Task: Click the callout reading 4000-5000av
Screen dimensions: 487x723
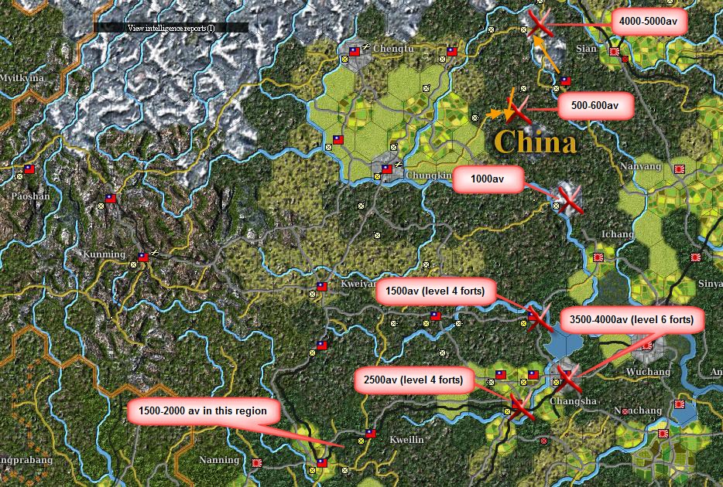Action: click(x=649, y=22)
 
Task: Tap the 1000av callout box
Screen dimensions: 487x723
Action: click(x=488, y=179)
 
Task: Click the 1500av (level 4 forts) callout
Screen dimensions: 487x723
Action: click(x=434, y=293)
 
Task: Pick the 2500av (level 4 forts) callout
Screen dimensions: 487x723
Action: click(x=413, y=380)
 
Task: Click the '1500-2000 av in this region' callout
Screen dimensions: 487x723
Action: click(x=203, y=411)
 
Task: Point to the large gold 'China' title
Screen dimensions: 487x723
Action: click(x=535, y=143)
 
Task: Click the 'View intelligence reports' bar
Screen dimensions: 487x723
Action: click(x=171, y=28)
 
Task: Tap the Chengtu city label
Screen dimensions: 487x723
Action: click(x=389, y=48)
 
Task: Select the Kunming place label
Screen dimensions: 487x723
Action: click(x=104, y=254)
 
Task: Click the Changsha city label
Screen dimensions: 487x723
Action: click(x=573, y=400)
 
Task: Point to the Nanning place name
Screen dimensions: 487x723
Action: click(x=219, y=460)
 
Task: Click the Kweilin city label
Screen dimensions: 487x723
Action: click(x=406, y=439)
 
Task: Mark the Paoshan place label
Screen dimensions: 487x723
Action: click(x=30, y=196)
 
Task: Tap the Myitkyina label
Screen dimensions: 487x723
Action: click(x=22, y=78)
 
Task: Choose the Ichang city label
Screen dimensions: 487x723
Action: click(x=616, y=233)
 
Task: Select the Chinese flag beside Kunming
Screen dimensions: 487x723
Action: click(x=142, y=257)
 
